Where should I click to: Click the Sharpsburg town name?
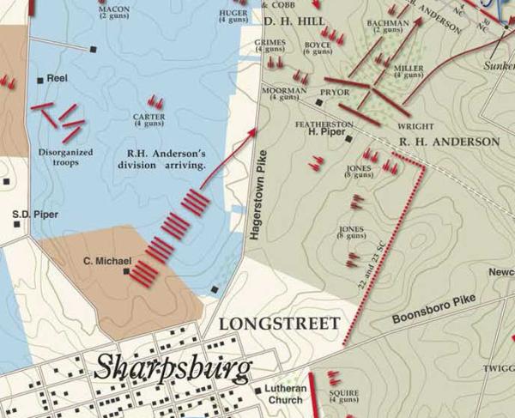point(173,367)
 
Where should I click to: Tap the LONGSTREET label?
point(280,324)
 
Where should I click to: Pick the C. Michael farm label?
point(107,261)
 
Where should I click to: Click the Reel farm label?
point(58,78)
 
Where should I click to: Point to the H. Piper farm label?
point(324,133)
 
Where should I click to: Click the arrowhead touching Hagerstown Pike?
point(253,130)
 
